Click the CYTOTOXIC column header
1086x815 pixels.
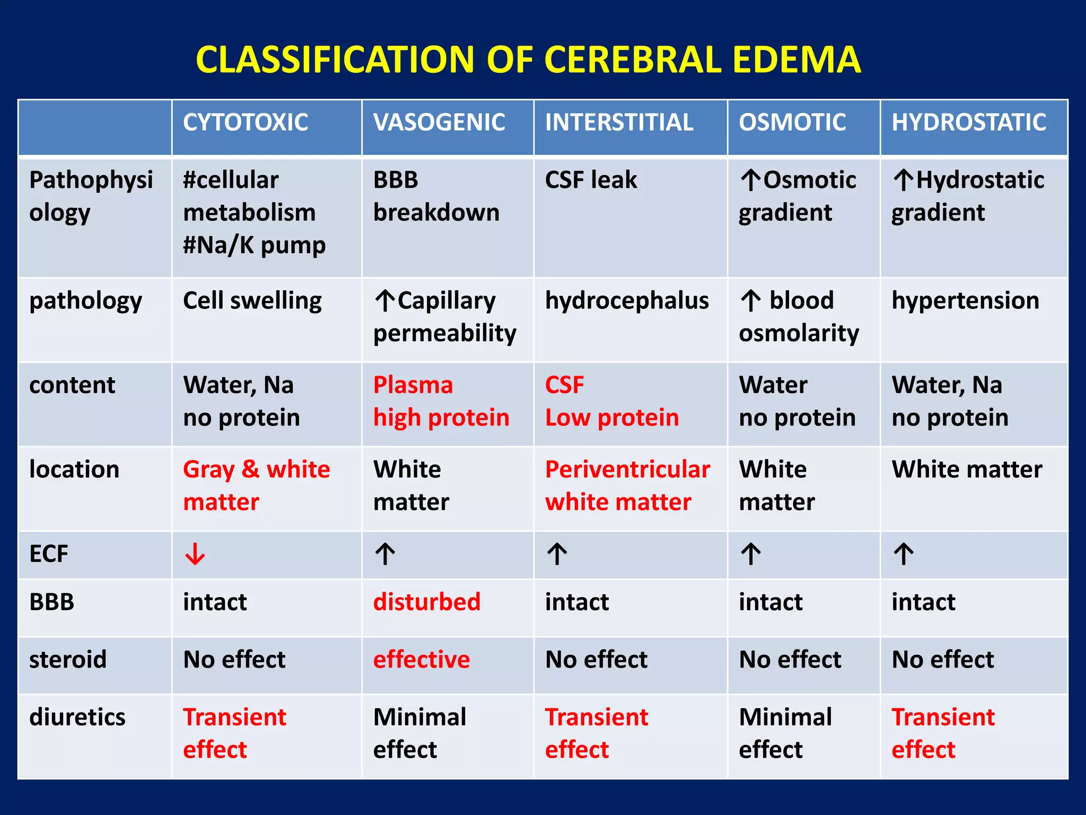[246, 123]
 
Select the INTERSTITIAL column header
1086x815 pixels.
[619, 123]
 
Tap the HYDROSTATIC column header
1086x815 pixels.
[968, 123]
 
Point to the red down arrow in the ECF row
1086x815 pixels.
[195, 554]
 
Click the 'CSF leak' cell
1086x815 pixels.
[591, 180]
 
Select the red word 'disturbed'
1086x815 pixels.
[426, 602]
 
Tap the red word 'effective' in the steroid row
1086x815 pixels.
[421, 660]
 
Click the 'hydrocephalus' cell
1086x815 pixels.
[627, 301]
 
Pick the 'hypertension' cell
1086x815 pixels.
[965, 301]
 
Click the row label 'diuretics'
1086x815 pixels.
[77, 717]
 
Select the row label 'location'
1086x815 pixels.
[74, 470]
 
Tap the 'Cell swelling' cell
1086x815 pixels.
[252, 301]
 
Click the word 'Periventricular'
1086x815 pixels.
[627, 470]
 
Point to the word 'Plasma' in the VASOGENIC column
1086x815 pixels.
[413, 385]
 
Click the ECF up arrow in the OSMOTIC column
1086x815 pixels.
[751, 554]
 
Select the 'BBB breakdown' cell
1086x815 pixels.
[436, 196]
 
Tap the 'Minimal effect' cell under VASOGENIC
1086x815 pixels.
[419, 733]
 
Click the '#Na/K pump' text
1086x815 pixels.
[254, 245]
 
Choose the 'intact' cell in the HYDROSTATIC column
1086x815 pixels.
[923, 602]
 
